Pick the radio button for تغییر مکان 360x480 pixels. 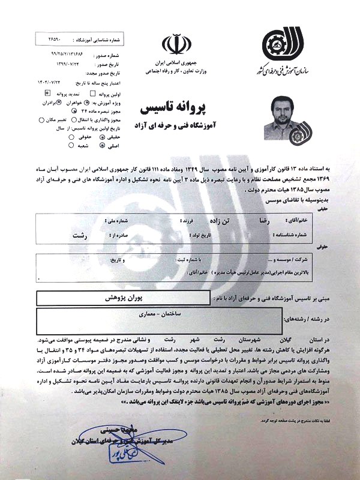pos(41,119)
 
